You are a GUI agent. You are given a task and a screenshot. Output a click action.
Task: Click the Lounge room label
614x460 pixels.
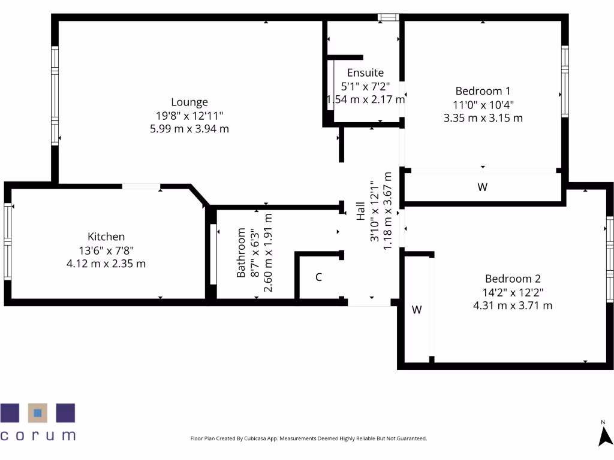189,102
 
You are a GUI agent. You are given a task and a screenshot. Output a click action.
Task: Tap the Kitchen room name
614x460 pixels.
106,237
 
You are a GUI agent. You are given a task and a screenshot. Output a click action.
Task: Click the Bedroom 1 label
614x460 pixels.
483,91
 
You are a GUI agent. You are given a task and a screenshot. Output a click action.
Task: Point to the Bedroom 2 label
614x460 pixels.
513,279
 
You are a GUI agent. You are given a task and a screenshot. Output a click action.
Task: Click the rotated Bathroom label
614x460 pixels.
241,253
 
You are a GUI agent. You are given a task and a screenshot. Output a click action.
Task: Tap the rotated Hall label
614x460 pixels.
361,211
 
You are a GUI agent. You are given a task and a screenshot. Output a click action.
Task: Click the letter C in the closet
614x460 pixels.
319,277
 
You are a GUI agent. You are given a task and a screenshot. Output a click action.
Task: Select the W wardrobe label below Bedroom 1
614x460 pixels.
483,187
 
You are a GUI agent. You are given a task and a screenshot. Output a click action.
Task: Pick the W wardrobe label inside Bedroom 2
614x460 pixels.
417,310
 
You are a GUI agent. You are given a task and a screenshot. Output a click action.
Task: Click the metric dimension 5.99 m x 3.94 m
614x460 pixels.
189,129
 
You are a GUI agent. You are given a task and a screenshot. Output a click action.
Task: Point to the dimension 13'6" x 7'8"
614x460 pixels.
106,250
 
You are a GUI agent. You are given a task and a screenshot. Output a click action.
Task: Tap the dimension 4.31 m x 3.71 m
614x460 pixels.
513,305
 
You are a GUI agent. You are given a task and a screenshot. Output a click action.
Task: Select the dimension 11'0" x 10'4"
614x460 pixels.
483,105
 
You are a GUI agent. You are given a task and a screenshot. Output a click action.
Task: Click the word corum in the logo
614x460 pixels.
38,435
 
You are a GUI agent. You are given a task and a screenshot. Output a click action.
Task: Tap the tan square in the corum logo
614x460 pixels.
38,413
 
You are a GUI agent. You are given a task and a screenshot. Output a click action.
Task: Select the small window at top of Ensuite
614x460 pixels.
388,17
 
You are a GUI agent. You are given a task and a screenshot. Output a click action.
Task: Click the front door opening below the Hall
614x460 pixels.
369,302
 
